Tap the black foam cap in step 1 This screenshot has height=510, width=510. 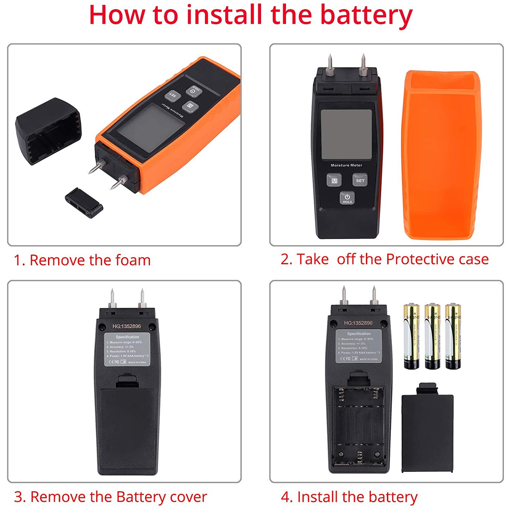48,131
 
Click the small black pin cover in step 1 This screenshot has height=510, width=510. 84,203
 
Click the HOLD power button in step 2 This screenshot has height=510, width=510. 347,198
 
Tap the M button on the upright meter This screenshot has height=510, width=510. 334,181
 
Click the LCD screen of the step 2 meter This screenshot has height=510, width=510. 346,134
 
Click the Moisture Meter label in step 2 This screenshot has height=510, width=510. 346,165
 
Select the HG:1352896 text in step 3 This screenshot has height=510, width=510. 126,326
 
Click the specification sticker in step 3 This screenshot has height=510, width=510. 127,349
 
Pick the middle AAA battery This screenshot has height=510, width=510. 432,337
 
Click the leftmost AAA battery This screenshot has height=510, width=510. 411,337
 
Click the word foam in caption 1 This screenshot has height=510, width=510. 133,260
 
